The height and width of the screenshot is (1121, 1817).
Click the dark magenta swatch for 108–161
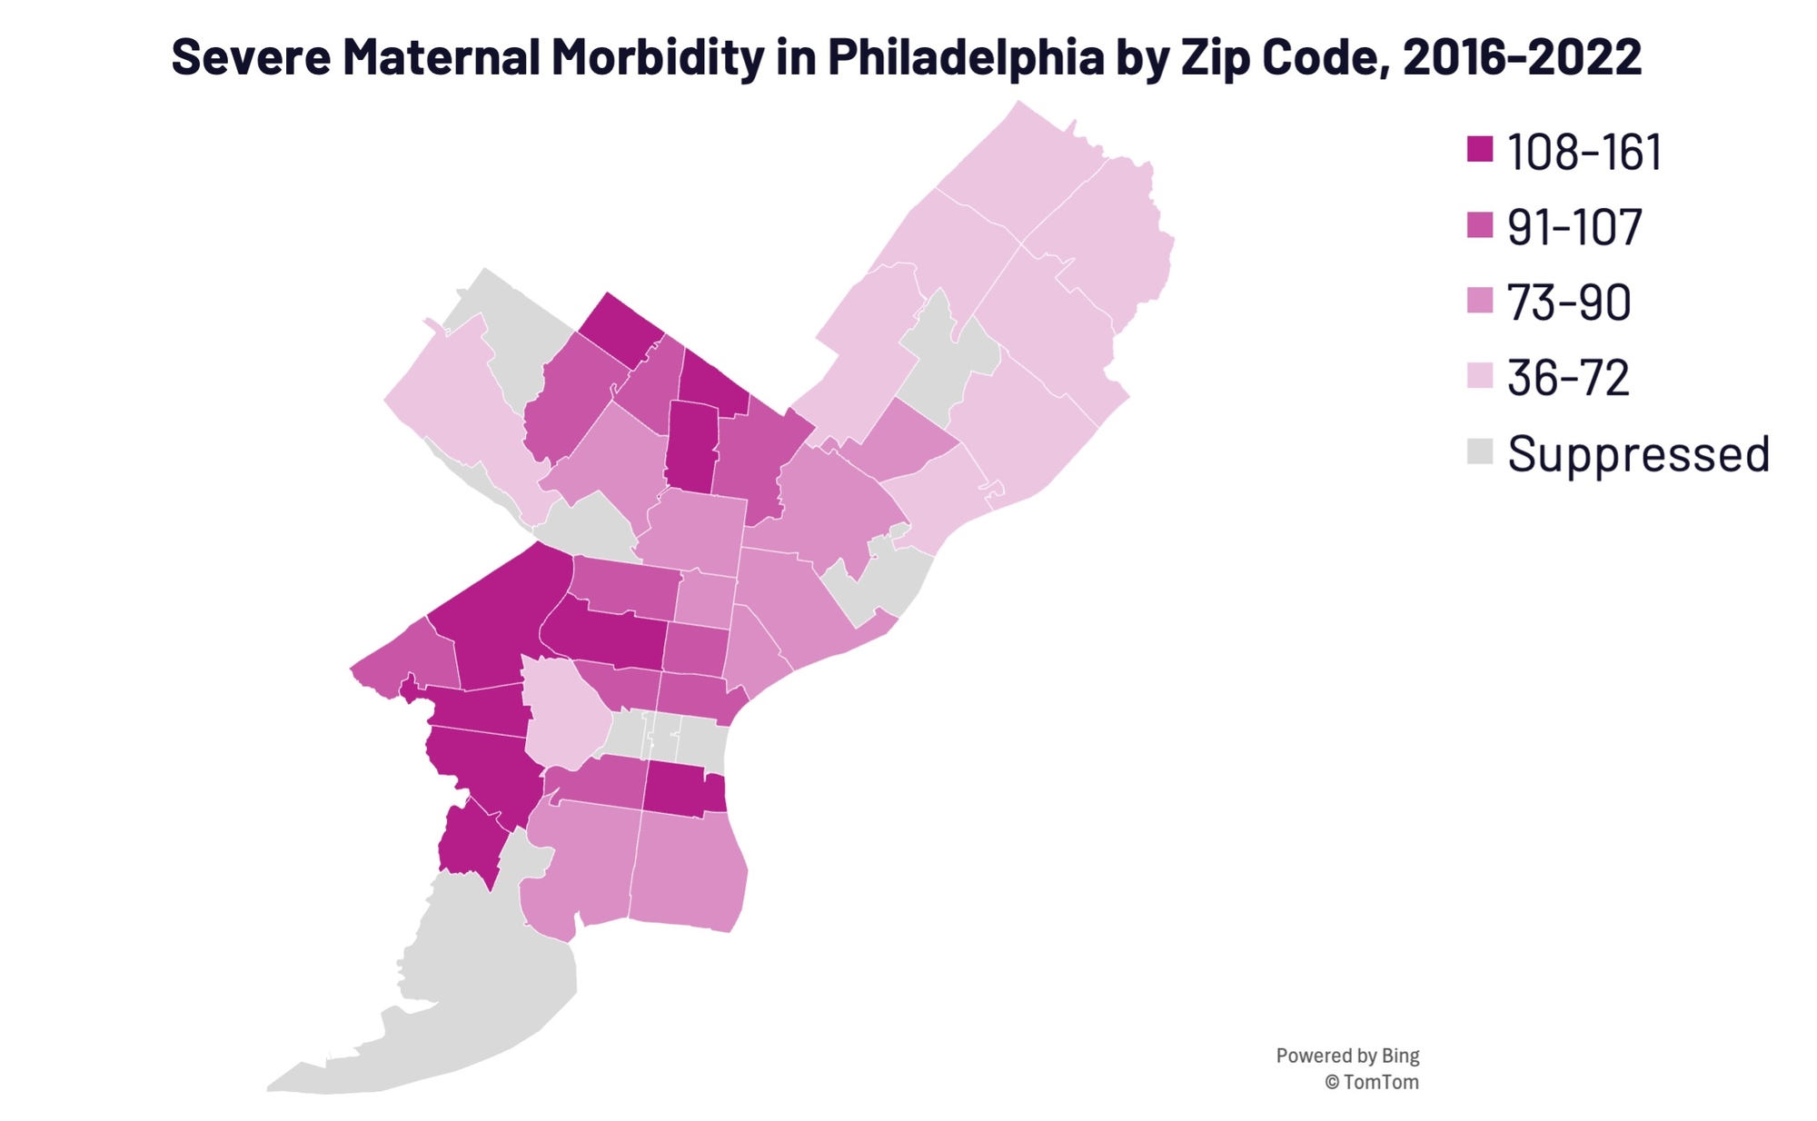(x=1480, y=149)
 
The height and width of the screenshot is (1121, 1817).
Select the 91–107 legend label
(x=1574, y=226)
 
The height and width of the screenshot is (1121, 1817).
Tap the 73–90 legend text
(x=1569, y=302)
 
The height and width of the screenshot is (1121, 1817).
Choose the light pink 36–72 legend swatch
(x=1480, y=375)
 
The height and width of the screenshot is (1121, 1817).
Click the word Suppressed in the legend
(x=1638, y=452)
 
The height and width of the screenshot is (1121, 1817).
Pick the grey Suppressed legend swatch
(x=1480, y=451)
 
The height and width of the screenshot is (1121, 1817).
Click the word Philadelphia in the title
(x=965, y=56)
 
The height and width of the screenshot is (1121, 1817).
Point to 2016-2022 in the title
(x=1522, y=56)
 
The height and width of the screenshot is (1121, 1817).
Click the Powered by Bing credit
(x=1346, y=1056)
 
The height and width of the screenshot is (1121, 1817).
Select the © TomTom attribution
(x=1371, y=1082)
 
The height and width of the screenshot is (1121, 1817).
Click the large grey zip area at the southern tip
(x=472, y=990)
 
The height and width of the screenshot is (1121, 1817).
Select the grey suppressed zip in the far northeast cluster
(x=949, y=363)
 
